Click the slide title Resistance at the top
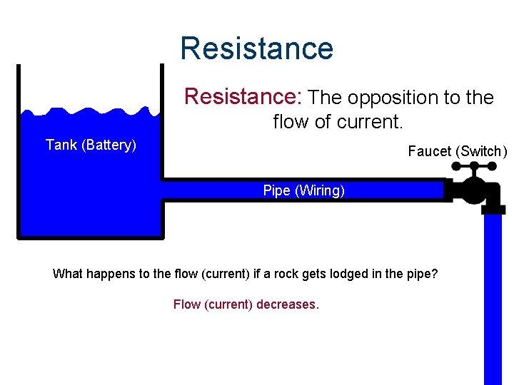[256, 48]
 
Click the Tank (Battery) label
[91, 145]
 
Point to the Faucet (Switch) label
[457, 151]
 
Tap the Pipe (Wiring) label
[303, 190]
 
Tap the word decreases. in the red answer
[288, 304]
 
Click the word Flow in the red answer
[187, 304]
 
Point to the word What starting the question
[67, 274]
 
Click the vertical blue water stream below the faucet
[493, 299]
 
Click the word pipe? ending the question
[421, 274]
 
